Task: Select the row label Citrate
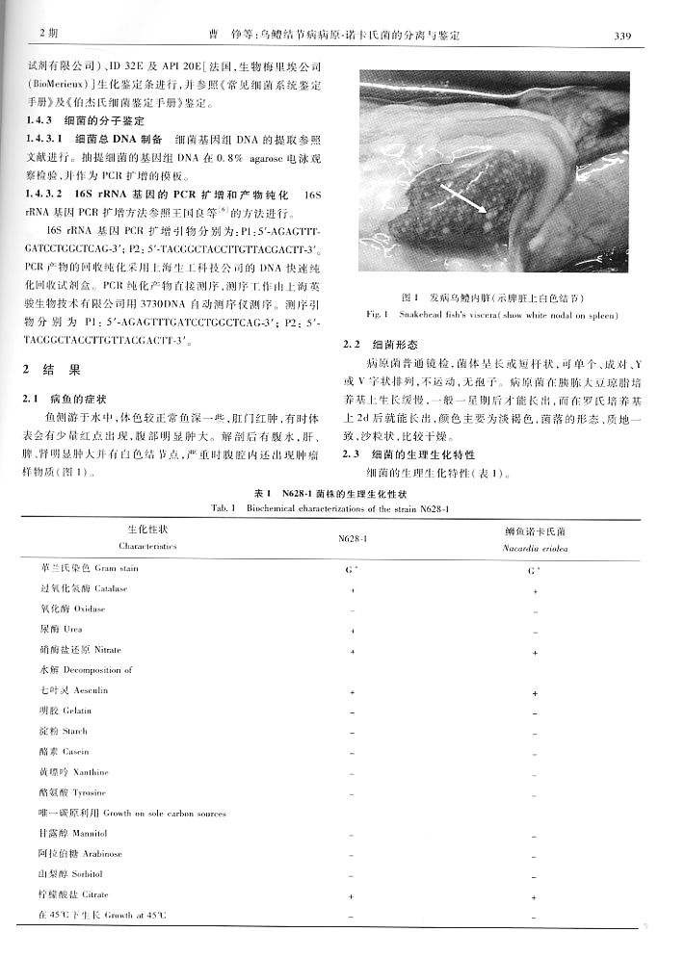point(92,894)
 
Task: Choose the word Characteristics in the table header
point(149,546)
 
